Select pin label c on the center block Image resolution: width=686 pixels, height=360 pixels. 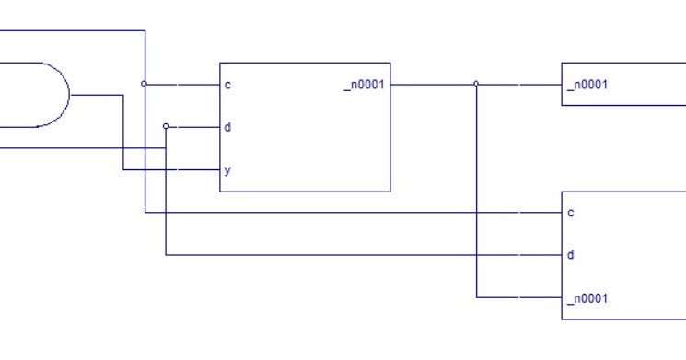(227, 85)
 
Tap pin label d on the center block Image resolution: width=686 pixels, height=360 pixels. (227, 127)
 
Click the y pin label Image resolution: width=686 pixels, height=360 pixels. (227, 170)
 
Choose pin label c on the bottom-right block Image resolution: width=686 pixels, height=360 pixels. (571, 213)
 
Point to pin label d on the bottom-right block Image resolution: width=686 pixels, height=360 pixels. (571, 255)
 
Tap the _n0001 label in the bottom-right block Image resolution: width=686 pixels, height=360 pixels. (588, 298)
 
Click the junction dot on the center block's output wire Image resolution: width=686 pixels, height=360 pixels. (476, 84)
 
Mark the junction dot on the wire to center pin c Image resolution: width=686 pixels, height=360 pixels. (145, 84)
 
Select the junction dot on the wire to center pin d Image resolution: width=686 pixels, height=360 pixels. (166, 126)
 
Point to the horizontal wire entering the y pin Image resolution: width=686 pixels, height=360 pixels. (175, 169)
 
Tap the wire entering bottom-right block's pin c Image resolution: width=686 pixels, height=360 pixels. (368, 213)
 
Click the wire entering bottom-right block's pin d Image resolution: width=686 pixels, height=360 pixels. (368, 255)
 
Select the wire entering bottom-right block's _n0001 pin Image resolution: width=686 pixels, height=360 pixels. (520, 297)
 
